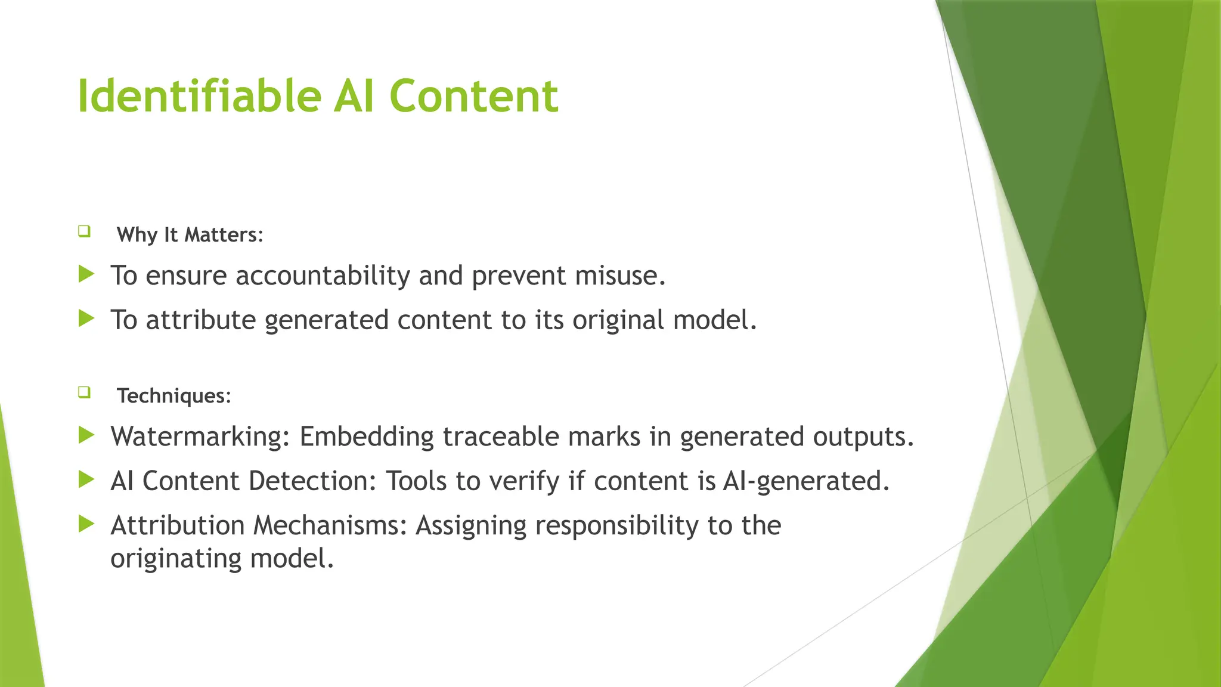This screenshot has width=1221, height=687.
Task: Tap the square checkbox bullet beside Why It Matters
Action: tap(84, 231)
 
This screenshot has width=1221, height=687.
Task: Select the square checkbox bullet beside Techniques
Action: tap(84, 392)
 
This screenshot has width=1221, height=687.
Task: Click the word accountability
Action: tap(323, 276)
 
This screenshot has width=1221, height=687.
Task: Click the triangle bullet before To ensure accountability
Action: tap(86, 274)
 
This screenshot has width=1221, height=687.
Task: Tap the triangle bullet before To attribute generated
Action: tap(86, 318)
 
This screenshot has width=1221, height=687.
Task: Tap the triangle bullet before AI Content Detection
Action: tap(86, 479)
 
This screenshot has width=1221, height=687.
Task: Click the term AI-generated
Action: tap(805, 481)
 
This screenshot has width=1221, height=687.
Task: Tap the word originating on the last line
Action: tap(176, 559)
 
